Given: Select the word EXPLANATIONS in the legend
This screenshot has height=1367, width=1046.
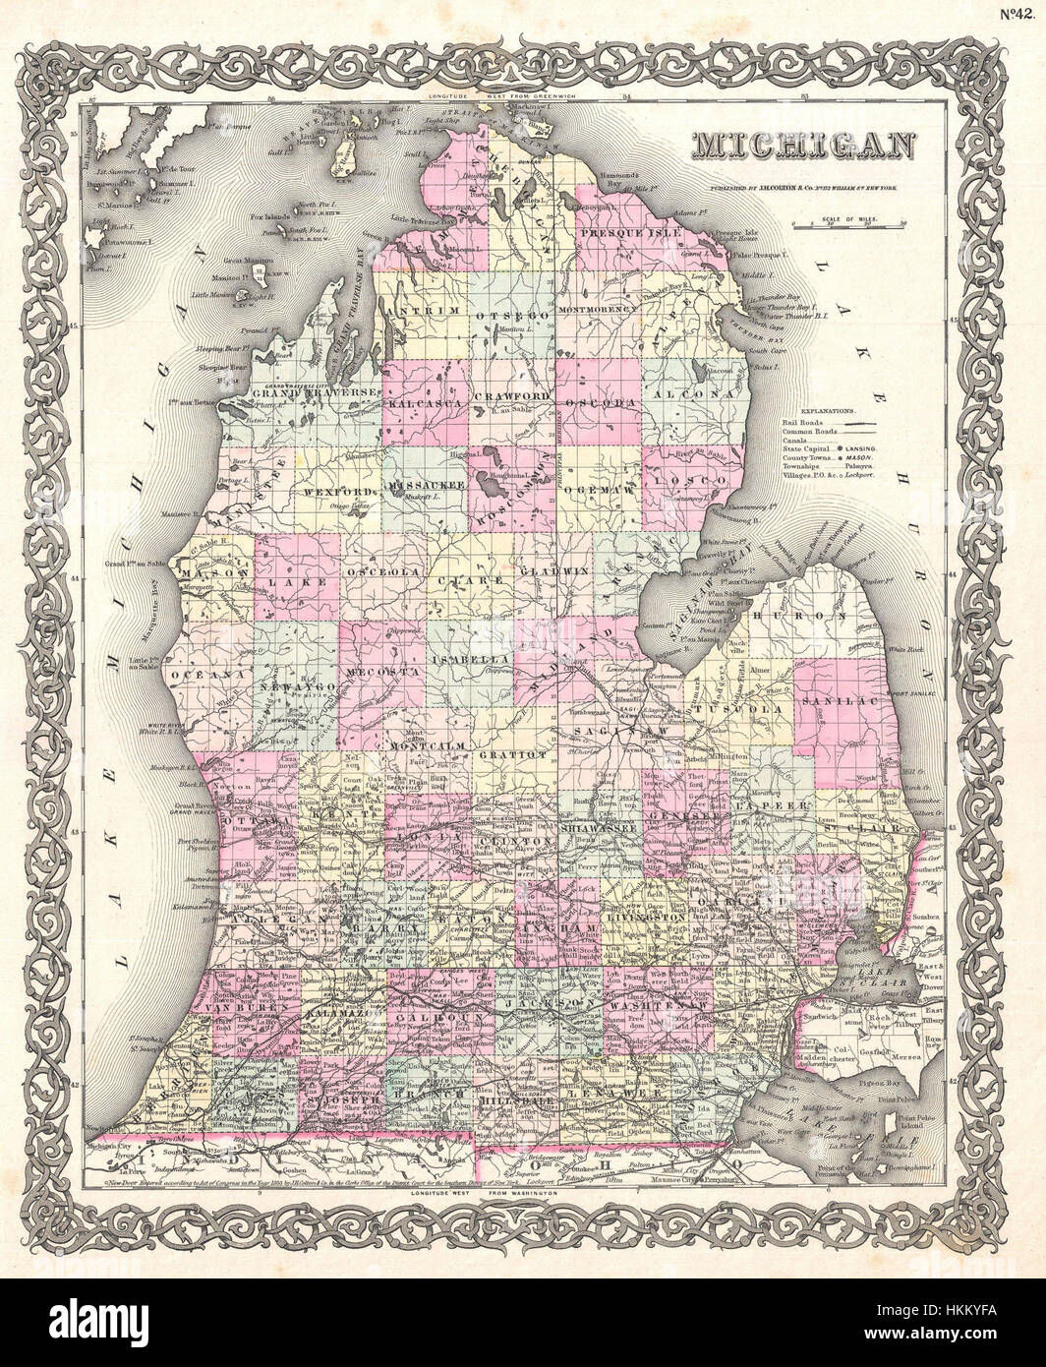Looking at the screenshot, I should (828, 406).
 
